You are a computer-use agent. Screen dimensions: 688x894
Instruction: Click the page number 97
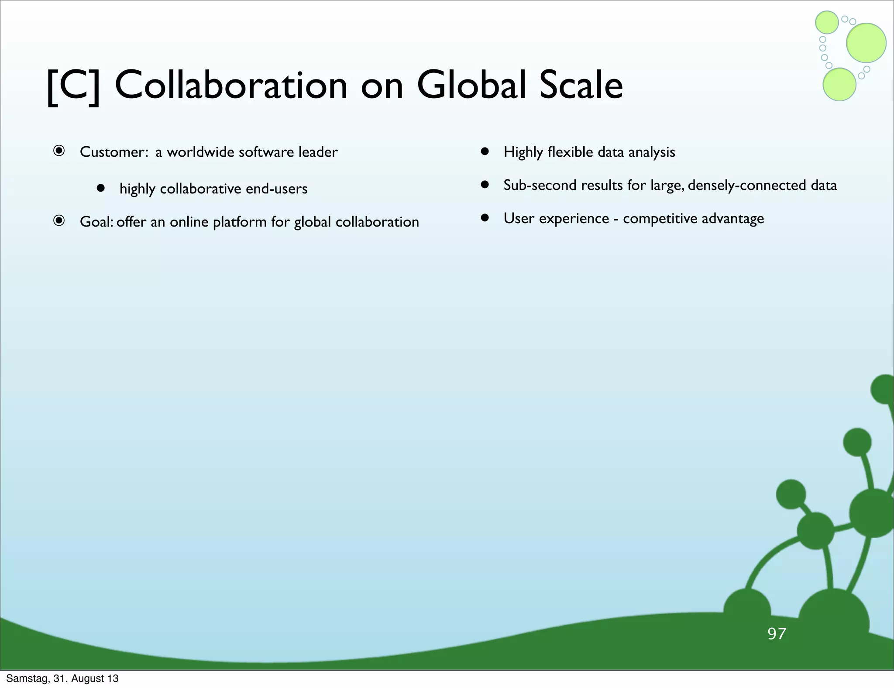click(x=777, y=633)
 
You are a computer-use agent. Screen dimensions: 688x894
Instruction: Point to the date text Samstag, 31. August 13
click(x=62, y=678)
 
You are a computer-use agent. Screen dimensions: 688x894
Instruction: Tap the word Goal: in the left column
click(x=96, y=222)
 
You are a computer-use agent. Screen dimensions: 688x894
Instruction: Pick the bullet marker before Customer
click(x=59, y=151)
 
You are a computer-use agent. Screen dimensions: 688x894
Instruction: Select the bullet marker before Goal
click(x=59, y=221)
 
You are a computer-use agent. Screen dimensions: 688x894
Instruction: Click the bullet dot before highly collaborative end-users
click(x=101, y=188)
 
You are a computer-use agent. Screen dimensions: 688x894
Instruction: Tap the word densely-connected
click(x=747, y=185)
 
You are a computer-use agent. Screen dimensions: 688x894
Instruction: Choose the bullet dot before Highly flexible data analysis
click(x=485, y=151)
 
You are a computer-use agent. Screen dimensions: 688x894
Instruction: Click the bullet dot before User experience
click(x=485, y=218)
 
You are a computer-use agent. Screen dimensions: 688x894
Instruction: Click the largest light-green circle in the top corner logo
click(x=866, y=43)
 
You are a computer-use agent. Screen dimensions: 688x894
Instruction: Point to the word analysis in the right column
click(x=651, y=152)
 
